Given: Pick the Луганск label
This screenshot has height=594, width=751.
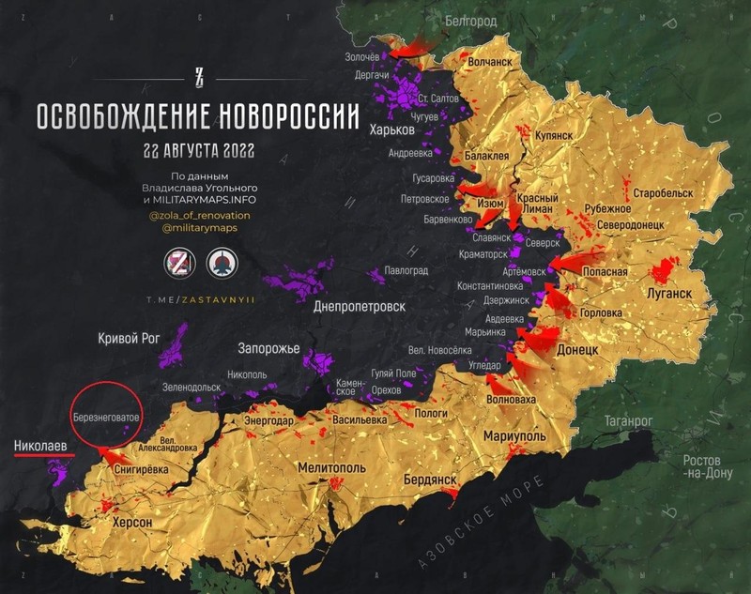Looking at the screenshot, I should coord(669,293).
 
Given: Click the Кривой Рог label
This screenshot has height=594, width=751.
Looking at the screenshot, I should coord(130,339).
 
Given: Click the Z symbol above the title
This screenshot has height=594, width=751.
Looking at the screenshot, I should coord(198,78).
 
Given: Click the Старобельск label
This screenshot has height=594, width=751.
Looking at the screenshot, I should coord(662,192).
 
